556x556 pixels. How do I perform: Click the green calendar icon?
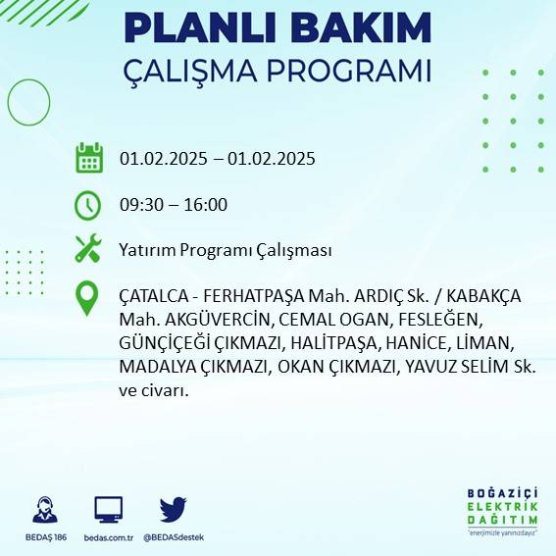pyautogui.click(x=89, y=158)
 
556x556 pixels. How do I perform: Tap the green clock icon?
pyautogui.click(x=88, y=205)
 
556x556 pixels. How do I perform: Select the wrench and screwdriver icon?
pyautogui.click(x=88, y=249)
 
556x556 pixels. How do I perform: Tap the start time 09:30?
pyautogui.click(x=141, y=205)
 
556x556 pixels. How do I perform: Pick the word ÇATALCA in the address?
pyautogui.click(x=152, y=296)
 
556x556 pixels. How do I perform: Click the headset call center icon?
pyautogui.click(x=44, y=510)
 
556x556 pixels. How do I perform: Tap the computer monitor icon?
pyautogui.click(x=108, y=509)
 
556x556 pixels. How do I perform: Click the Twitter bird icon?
pyautogui.click(x=173, y=508)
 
